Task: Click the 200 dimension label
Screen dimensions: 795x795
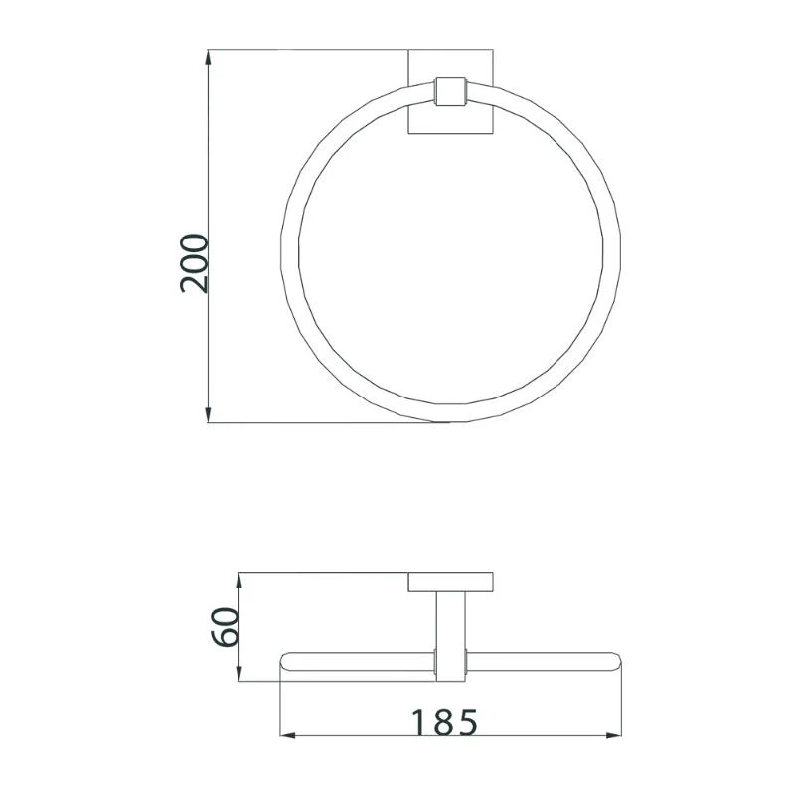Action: pos(195,262)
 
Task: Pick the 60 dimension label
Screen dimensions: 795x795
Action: pos(226,627)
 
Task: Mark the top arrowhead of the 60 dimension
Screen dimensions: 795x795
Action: pos(238,580)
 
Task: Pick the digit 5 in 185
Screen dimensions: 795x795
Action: pos(471,722)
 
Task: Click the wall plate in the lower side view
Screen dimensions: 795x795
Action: pos(451,583)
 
